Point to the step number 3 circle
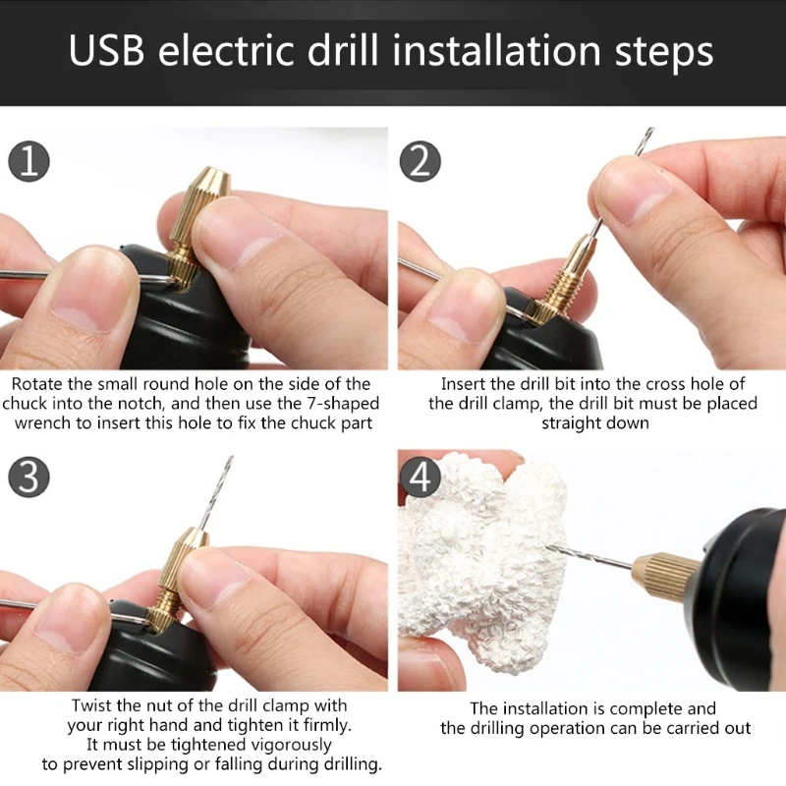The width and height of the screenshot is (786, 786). click(x=29, y=478)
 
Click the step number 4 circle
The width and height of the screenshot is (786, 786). click(x=420, y=478)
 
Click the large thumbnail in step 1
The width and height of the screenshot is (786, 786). click(x=84, y=300)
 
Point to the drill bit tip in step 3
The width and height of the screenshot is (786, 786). click(x=229, y=461)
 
